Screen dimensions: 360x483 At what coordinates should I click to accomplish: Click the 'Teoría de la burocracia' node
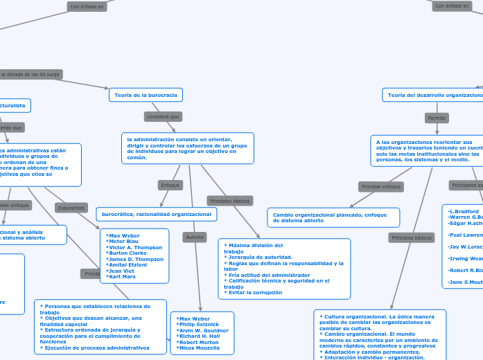click(146, 94)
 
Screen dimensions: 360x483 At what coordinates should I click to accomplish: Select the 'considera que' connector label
click(163, 116)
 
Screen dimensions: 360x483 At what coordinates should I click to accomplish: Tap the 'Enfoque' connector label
click(170, 185)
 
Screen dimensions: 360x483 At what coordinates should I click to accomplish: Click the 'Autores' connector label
click(194, 237)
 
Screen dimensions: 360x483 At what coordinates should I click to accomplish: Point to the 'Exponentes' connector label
click(71, 208)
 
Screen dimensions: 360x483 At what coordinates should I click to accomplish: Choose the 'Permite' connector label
click(437, 118)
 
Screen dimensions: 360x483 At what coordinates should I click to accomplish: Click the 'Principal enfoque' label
click(380, 186)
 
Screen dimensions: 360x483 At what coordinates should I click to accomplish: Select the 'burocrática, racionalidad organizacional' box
click(156, 215)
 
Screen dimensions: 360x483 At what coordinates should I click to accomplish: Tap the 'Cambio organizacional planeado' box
click(333, 217)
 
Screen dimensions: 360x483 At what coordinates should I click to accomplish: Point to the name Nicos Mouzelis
click(200, 348)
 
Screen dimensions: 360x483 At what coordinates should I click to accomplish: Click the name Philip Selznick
click(198, 324)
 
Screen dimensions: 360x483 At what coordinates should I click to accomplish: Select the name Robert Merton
click(198, 342)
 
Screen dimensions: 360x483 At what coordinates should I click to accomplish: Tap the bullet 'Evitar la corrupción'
click(255, 292)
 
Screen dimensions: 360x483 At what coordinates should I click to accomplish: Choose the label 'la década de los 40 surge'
click(30, 74)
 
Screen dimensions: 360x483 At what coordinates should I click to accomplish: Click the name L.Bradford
click(464, 211)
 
